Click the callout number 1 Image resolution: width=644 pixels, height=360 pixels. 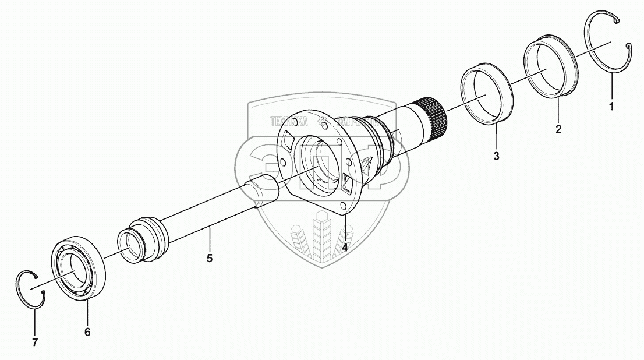pos(611,107)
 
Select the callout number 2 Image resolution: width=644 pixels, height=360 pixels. pos(558,129)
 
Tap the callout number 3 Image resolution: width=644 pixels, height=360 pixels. pos(496,156)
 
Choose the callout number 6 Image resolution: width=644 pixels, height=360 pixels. pos(87,332)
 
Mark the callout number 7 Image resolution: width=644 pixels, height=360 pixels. pos(34,342)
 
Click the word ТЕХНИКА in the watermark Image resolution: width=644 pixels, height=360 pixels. pos(288,122)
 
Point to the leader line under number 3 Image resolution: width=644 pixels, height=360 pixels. pos(496,137)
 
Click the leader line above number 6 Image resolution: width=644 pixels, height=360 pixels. pos(87,312)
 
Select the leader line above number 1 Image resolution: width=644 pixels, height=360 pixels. pos(611,87)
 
